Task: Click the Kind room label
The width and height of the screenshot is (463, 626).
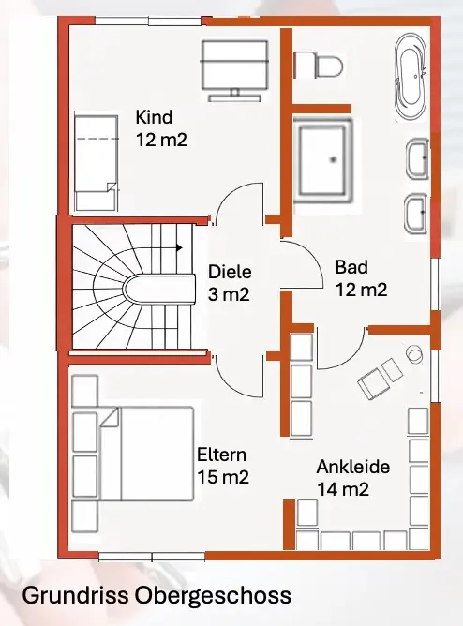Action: point(154,117)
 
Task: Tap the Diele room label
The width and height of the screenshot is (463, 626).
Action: point(230,273)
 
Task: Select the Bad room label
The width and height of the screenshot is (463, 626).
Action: point(351,267)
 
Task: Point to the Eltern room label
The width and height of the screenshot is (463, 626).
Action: point(221,455)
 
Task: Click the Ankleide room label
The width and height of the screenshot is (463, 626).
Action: point(353,467)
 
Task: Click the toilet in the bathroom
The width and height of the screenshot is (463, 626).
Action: point(318,65)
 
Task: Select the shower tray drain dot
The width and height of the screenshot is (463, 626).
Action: point(333,159)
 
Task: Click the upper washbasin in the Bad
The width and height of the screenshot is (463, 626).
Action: point(417,157)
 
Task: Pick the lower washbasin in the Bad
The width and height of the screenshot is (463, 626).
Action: point(415,214)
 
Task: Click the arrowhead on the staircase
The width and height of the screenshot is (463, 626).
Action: point(180,248)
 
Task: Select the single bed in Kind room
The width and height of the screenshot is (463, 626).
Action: point(97,163)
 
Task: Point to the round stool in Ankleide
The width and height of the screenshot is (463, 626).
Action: point(414,353)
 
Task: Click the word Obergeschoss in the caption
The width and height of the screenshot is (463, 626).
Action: point(213,596)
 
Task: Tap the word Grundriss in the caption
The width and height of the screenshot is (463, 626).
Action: point(75,595)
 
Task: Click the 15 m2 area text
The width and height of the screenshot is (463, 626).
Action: point(223,477)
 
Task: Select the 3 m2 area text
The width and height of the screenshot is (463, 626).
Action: point(229,294)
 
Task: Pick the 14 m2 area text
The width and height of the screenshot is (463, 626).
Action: point(343,489)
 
